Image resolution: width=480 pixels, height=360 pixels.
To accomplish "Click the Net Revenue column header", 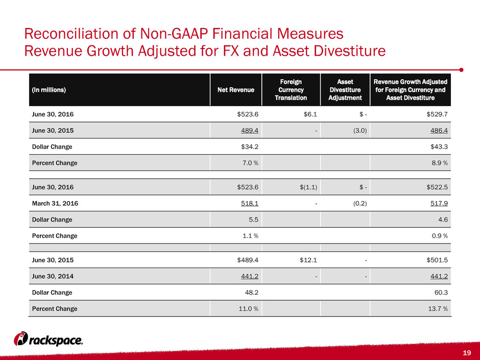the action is (x=236, y=90).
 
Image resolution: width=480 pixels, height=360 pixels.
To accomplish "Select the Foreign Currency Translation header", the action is (x=291, y=90).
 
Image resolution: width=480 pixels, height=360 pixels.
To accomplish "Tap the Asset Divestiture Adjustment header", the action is (x=345, y=90).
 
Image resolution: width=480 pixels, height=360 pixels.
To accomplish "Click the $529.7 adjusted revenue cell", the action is (x=437, y=114).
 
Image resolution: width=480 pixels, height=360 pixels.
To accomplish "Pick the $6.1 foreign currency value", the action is (x=310, y=114).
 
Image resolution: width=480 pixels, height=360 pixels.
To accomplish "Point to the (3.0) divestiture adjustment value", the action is (x=360, y=130).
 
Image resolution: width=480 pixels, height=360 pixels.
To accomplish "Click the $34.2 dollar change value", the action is (x=250, y=147).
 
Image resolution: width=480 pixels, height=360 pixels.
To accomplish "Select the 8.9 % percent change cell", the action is (x=440, y=163).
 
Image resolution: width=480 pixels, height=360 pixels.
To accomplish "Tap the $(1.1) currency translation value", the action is (x=308, y=187).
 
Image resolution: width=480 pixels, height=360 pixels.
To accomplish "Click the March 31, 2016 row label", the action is (x=55, y=203).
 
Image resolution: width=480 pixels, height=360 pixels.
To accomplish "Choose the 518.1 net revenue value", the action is (x=250, y=203).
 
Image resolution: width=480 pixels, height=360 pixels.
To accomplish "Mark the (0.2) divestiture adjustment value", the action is (x=360, y=203).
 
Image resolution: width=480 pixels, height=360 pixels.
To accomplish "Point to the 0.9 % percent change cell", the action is (x=440, y=236).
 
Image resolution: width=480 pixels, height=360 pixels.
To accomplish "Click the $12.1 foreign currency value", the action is (x=308, y=260).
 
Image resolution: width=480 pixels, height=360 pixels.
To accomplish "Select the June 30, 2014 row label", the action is (x=53, y=276).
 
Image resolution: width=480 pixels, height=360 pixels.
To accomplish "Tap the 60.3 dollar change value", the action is (x=441, y=293).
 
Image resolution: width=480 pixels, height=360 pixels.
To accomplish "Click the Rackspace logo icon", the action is (x=21, y=339).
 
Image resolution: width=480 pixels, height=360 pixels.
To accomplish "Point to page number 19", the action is (x=467, y=353).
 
